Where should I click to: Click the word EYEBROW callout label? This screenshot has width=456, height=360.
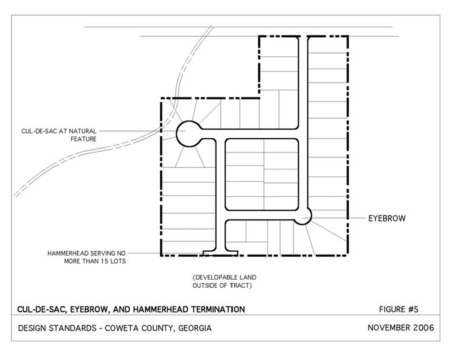387,218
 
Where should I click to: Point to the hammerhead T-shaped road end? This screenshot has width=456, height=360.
220,253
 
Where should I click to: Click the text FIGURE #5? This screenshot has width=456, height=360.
399,309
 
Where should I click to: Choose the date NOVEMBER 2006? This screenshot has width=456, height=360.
401,328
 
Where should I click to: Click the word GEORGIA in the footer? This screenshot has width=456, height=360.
195,328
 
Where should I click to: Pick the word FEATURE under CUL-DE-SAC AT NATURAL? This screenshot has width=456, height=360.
83,139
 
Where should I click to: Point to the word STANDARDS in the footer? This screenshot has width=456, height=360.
73,328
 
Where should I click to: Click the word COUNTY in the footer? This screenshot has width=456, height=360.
159,328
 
